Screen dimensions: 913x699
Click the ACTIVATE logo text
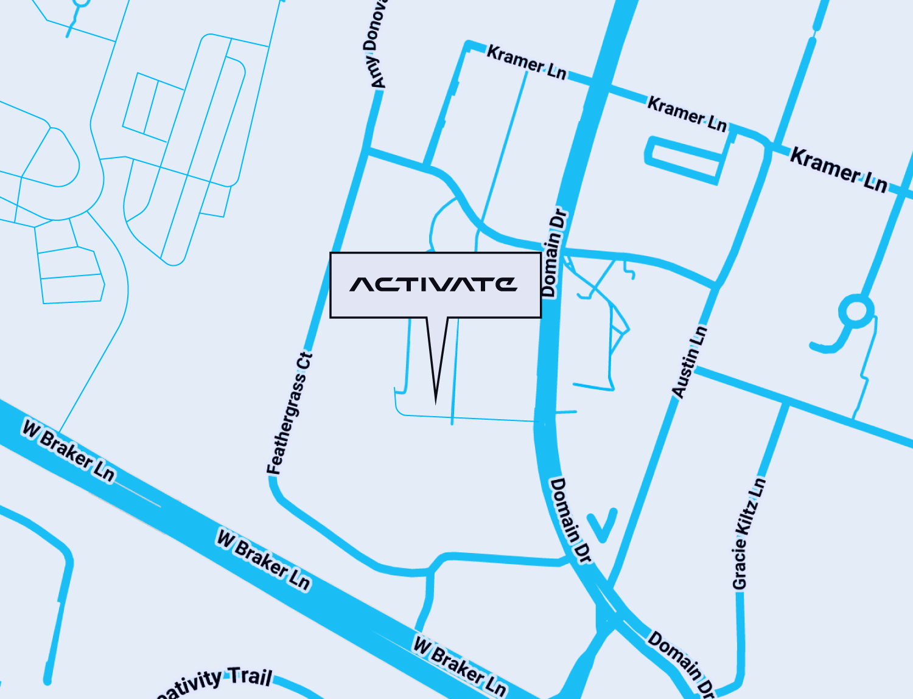click(x=433, y=284)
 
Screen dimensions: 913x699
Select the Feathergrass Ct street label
click(x=289, y=414)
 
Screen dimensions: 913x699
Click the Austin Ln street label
click(x=690, y=362)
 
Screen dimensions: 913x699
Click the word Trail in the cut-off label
click(x=250, y=676)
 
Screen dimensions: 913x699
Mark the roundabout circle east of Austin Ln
click(x=856, y=311)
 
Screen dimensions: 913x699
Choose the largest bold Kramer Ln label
click(x=838, y=170)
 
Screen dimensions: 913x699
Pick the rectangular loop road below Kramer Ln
click(x=684, y=159)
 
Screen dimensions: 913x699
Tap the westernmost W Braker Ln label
click(x=68, y=451)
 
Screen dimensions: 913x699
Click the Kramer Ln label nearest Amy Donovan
click(x=526, y=62)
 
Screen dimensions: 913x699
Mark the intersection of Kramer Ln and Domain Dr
click(x=598, y=85)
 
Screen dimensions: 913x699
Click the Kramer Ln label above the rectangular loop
click(x=687, y=113)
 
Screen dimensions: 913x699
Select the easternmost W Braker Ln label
click(x=460, y=666)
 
